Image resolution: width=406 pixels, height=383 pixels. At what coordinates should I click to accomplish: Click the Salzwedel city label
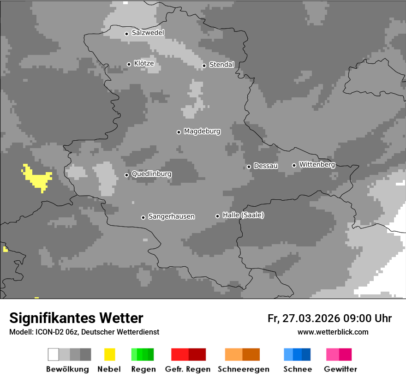pos(148,33)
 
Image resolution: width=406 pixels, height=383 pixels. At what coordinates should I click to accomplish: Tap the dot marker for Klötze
pos(129,64)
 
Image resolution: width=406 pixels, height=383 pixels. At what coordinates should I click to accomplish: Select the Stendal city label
pos(221,65)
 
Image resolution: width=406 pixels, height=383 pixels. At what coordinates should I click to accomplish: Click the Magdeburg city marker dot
pos(179,132)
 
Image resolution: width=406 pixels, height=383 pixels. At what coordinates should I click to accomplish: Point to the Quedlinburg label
pos(151,174)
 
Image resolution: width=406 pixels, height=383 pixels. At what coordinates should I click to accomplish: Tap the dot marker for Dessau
pos(249,167)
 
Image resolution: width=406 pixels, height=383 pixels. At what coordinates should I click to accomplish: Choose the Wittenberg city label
pos(317,164)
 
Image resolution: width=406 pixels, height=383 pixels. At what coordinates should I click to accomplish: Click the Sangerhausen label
pos(171,216)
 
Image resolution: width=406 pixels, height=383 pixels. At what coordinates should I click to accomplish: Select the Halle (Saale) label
pos(243,215)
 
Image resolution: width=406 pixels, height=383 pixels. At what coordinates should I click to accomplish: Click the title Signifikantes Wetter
pos(76,318)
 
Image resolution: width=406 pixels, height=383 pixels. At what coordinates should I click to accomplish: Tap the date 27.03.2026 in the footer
pos(310,318)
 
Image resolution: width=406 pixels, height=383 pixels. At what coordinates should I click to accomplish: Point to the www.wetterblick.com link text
pos(333,332)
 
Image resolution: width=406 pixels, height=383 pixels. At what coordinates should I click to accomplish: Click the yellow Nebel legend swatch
pos(109,354)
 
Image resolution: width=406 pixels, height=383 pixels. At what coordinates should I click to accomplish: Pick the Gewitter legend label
pos(340,369)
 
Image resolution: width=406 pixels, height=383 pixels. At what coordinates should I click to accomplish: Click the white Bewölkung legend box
pos(54,354)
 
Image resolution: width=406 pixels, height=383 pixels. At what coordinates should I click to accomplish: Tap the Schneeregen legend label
pos(243,369)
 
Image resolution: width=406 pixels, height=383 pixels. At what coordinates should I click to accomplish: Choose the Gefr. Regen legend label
pos(187,369)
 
